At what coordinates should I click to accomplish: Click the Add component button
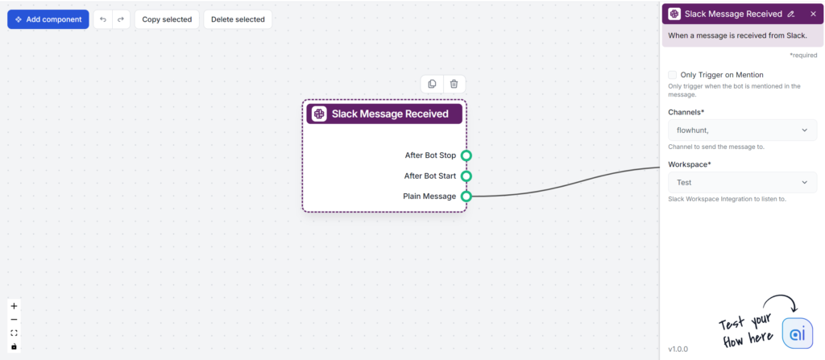[48, 19]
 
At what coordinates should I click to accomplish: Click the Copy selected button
[167, 19]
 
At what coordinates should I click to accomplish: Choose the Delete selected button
[238, 19]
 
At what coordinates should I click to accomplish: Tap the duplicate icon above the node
[433, 84]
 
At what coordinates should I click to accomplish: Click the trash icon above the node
[454, 84]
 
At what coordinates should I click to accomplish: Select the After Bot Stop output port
[466, 155]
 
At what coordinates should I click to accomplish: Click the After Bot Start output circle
[466, 176]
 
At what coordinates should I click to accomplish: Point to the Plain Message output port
[466, 196]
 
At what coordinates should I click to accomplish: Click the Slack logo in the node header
[320, 114]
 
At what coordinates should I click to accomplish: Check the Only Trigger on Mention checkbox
[673, 75]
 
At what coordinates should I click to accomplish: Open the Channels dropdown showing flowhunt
[742, 130]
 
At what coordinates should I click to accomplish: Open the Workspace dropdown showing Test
[742, 183]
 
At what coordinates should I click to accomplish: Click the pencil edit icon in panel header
[791, 14]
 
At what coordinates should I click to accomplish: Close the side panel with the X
[813, 14]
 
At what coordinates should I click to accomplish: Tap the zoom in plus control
[14, 306]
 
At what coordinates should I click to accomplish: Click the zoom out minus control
[14, 320]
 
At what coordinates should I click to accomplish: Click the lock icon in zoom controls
[14, 346]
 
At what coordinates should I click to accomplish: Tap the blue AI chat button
[797, 333]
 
